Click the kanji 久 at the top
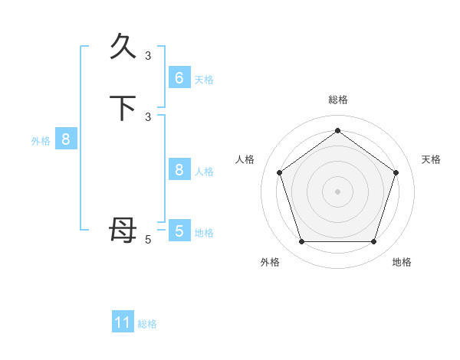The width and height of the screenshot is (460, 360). [123, 47]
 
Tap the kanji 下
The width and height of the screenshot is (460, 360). [123, 108]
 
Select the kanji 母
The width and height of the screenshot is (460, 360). [123, 230]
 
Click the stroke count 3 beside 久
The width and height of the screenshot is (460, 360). [148, 55]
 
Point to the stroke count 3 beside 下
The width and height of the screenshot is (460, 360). [148, 116]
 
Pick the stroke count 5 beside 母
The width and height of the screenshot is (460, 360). [148, 240]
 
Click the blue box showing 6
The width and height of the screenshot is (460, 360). [179, 78]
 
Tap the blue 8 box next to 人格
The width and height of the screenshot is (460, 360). [179, 170]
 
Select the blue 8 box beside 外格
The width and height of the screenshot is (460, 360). [66, 139]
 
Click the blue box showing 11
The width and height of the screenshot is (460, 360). [123, 322]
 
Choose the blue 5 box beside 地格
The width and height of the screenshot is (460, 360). [179, 231]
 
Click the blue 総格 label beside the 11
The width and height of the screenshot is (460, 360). [147, 324]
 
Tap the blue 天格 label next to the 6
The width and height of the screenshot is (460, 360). [204, 80]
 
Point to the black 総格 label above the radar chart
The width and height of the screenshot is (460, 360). [337, 100]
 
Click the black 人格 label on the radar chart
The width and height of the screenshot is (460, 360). [245, 159]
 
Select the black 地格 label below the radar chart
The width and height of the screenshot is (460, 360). [402, 262]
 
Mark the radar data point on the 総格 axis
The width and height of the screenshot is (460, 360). [337, 130]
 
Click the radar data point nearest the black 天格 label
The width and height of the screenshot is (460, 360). [396, 172]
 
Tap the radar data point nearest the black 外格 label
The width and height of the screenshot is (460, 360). [301, 242]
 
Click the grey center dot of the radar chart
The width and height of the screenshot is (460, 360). [337, 191]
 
